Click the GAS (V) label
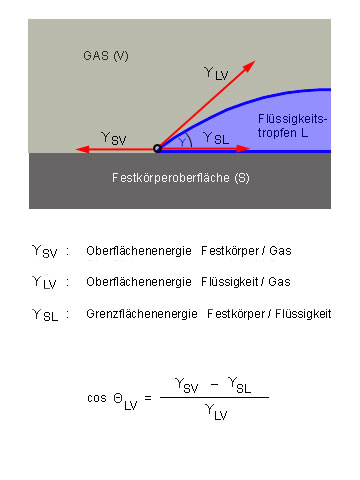point(106,56)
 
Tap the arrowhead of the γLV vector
point(249,66)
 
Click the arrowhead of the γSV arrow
point(83,149)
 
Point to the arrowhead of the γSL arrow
point(243,149)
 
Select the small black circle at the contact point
point(157,148)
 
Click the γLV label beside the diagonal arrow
point(216,74)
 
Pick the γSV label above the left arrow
point(114,139)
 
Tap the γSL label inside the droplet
point(216,138)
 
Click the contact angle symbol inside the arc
point(183,142)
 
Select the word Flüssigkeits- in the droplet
point(293,119)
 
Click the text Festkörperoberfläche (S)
point(181,178)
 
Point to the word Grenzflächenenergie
point(142,314)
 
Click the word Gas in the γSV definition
point(280,251)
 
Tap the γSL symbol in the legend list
point(45,315)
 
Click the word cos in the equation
point(97,398)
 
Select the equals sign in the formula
point(148,398)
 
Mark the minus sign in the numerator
point(215,384)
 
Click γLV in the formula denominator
point(216,412)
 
